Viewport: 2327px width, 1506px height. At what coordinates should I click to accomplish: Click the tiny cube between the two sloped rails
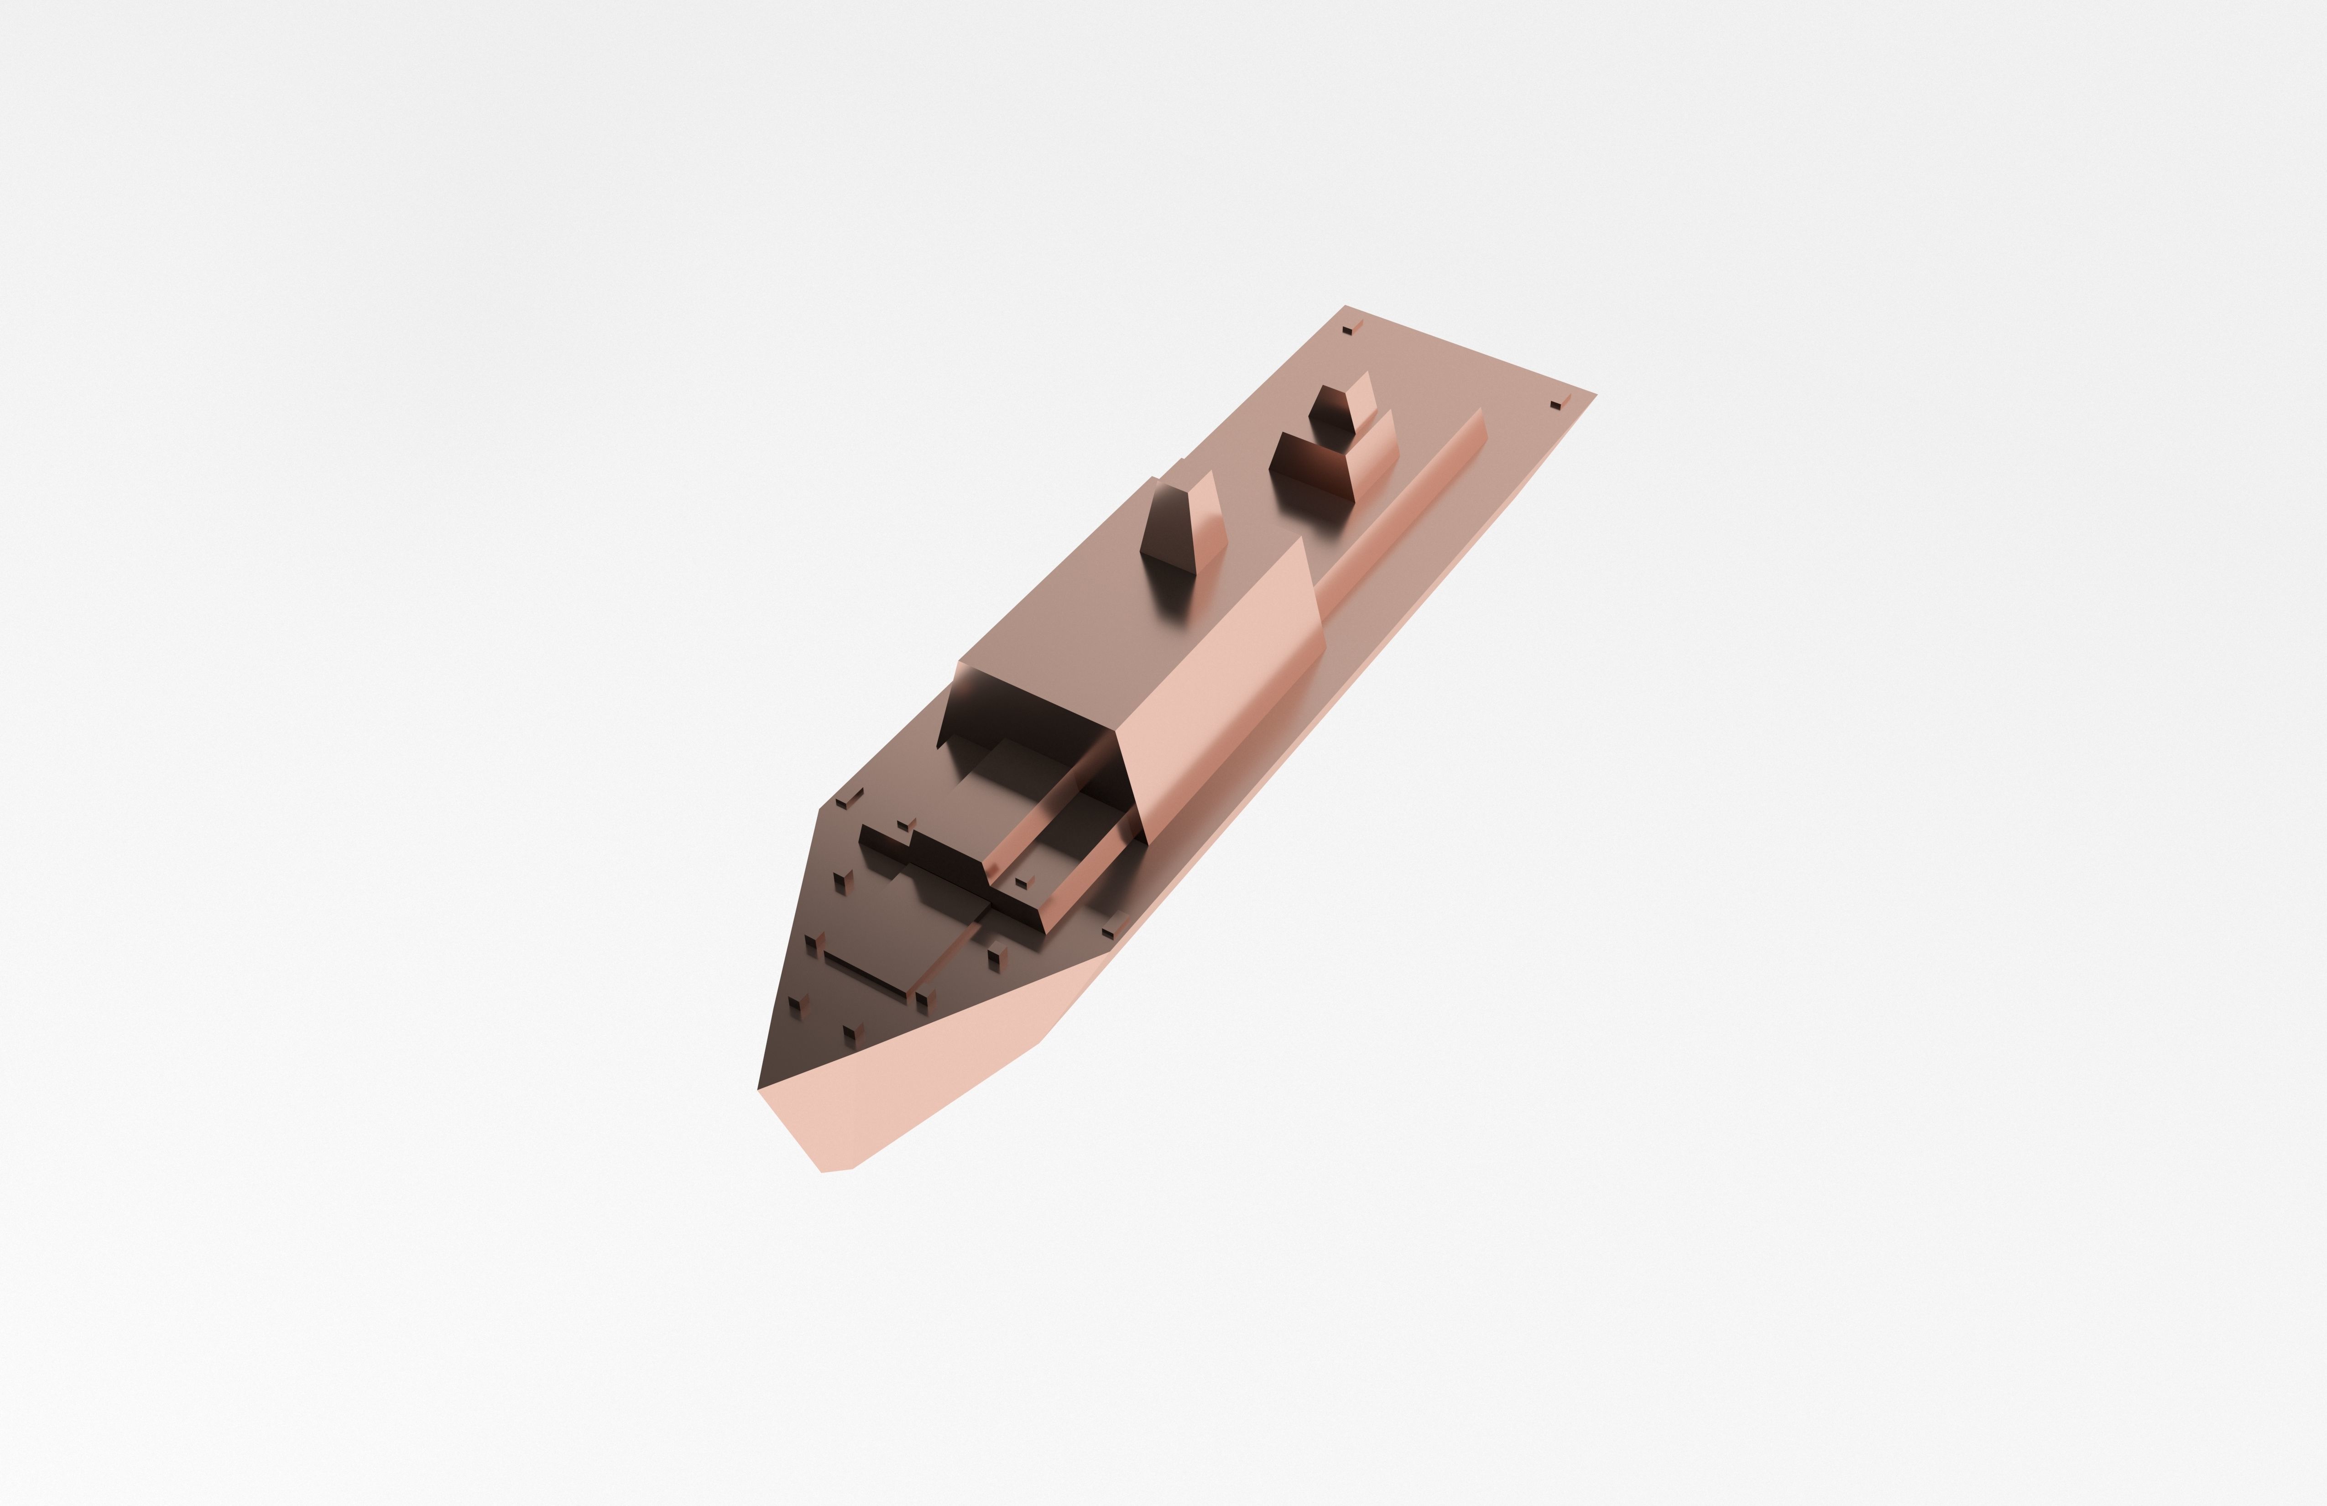pos(1022,882)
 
